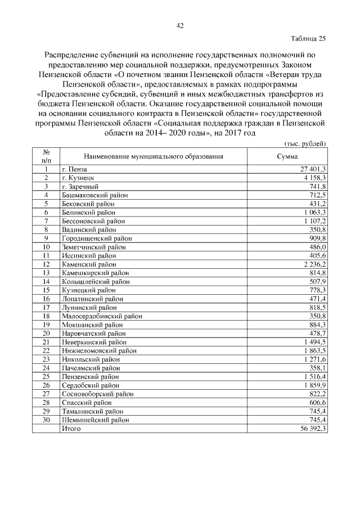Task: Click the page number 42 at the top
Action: point(180,25)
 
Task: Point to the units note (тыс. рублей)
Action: point(305,144)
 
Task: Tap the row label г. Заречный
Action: point(80,186)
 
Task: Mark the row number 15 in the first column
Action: point(46,290)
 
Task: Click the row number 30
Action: point(46,420)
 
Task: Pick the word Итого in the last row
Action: point(71,429)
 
